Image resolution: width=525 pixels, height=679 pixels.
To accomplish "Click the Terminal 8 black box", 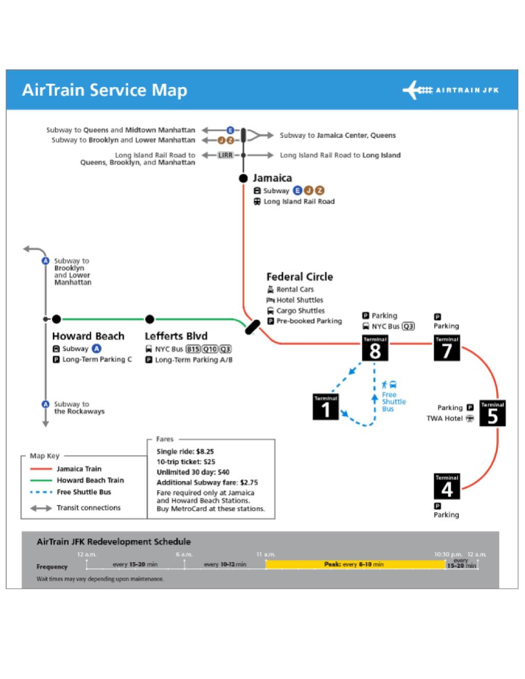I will (x=375, y=349).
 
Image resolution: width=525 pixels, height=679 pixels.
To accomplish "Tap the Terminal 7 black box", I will (x=447, y=349).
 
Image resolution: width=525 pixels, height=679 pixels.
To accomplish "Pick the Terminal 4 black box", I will (x=447, y=487).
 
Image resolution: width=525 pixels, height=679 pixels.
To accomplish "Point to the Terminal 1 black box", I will (x=326, y=407).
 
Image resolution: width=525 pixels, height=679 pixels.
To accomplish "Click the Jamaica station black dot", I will (x=244, y=178).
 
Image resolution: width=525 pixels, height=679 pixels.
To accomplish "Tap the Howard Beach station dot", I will (x=56, y=319).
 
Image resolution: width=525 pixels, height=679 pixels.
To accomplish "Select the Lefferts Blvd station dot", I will (x=150, y=319).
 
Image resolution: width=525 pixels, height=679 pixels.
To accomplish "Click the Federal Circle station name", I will (x=299, y=277).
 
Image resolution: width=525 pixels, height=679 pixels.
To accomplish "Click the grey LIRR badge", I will (x=226, y=155).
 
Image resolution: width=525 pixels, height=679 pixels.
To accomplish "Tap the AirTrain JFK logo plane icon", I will (x=416, y=90).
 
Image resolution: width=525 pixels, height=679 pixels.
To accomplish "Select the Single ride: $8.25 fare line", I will (x=185, y=452).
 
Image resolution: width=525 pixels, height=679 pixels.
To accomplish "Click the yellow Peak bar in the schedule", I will (x=355, y=564).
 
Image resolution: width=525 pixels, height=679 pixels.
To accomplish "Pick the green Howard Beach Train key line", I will (x=41, y=481).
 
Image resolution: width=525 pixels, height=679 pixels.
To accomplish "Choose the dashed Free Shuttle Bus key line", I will (x=41, y=492).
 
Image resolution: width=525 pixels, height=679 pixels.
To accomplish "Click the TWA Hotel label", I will (x=444, y=418).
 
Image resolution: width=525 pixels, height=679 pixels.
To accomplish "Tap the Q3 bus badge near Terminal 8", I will (x=408, y=326).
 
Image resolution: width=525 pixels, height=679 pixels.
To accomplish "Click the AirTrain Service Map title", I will (x=105, y=90).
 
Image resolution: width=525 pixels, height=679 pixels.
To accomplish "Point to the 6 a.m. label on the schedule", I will (x=184, y=554).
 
